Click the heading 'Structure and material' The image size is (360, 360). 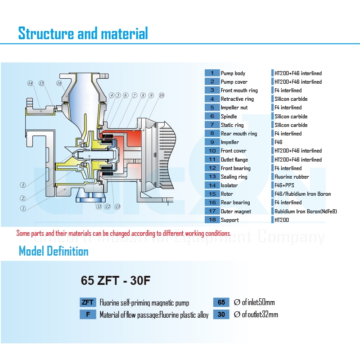[x=83, y=33]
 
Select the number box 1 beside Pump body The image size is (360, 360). [x=212, y=73]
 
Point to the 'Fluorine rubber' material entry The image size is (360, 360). [x=292, y=177]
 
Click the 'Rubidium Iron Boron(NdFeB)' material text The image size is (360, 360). [x=306, y=211]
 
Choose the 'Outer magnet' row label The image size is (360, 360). [x=236, y=211]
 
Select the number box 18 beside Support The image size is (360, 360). [x=212, y=220]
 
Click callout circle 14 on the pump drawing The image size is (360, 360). [x=30, y=83]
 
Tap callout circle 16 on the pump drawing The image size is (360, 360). [x=59, y=83]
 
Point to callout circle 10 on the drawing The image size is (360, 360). [x=161, y=95]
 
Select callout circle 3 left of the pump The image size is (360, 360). [x=22, y=185]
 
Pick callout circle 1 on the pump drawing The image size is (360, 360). [x=22, y=208]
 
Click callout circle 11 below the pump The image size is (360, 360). [x=99, y=207]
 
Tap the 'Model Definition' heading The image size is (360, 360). [x=54, y=251]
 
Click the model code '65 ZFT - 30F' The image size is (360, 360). [x=115, y=281]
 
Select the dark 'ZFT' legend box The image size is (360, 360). [x=88, y=302]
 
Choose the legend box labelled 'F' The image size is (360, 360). [x=88, y=315]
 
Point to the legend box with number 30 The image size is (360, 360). [x=221, y=315]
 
